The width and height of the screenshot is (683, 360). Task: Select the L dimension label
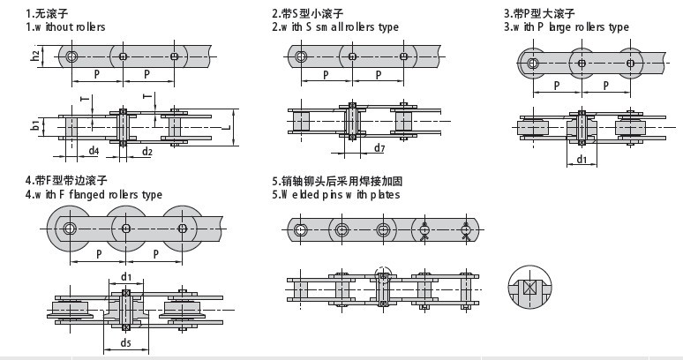pyautogui.click(x=228, y=127)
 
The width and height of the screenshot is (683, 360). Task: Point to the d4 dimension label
pyautogui.click(x=94, y=151)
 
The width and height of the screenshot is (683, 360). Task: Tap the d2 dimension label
pyautogui.click(x=147, y=151)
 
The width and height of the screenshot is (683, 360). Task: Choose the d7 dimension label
pyautogui.click(x=379, y=147)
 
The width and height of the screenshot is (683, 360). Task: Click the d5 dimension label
pyautogui.click(x=126, y=343)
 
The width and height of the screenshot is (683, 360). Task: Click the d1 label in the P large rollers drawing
pyautogui.click(x=582, y=160)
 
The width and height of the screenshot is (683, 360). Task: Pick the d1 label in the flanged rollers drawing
pyautogui.click(x=126, y=277)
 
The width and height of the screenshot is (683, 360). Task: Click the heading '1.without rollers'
pyautogui.click(x=65, y=27)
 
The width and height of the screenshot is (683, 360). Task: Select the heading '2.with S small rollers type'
pyautogui.click(x=335, y=27)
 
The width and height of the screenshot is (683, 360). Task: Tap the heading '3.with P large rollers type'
pyautogui.click(x=566, y=27)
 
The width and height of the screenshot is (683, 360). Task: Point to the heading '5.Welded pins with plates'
pyautogui.click(x=335, y=194)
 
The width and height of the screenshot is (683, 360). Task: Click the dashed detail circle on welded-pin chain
pyautogui.click(x=383, y=274)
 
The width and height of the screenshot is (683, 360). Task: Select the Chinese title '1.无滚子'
pyautogui.click(x=49, y=13)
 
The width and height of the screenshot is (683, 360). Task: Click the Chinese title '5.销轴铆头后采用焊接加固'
pyautogui.click(x=337, y=181)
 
